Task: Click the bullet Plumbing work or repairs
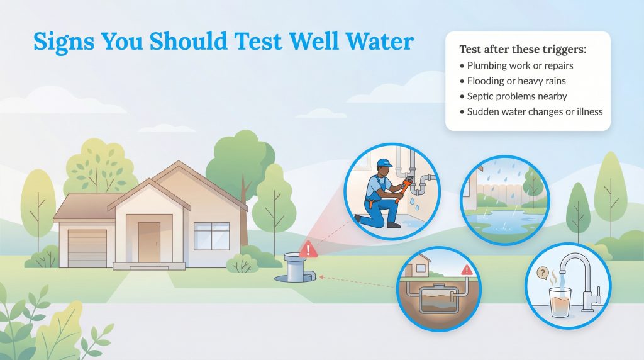pos(519,65)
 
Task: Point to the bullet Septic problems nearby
pos(516,96)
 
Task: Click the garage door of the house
pos(87,247)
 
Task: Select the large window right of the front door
pos(211,236)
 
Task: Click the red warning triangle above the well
pos(308,249)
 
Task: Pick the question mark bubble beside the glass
pos(540,274)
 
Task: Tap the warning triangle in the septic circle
pos(466,270)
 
